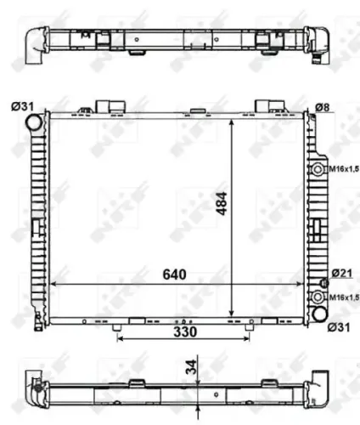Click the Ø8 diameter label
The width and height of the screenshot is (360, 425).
tap(323, 107)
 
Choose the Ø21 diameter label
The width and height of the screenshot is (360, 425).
tap(341, 272)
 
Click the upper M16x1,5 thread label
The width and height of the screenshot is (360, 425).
tap(344, 170)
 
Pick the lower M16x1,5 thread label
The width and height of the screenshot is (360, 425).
tap(344, 297)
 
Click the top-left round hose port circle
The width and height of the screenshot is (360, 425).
tap(35, 122)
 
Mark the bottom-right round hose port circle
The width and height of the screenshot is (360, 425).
tap(320, 314)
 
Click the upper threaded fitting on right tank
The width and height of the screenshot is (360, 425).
tap(318, 170)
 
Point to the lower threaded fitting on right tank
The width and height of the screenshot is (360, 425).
tap(318, 297)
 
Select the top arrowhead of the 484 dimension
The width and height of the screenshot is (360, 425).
tap(233, 122)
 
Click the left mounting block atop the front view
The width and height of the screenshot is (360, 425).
tap(106, 105)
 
